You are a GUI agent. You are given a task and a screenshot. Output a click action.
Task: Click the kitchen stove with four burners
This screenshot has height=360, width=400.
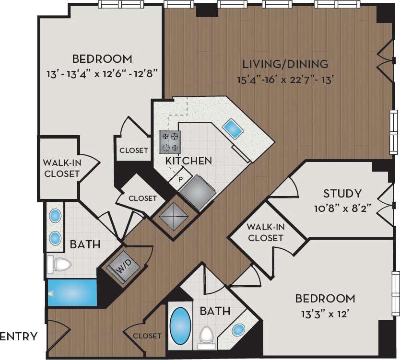pyautogui.click(x=171, y=141)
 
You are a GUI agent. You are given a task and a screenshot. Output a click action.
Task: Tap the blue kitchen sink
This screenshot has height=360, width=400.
pyautogui.click(x=232, y=128)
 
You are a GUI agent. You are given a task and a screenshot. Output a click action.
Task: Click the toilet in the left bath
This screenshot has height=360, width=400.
pyautogui.click(x=59, y=264)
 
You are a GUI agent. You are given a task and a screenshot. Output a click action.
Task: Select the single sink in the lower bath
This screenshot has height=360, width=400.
pyautogui.click(x=238, y=330)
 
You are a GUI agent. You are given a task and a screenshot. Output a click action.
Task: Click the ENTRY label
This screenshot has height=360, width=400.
pyautogui.click(x=19, y=336)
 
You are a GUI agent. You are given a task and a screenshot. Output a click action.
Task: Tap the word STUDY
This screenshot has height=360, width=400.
pyautogui.click(x=342, y=194)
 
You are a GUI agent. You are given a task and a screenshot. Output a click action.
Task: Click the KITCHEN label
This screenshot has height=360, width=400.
pyautogui.click(x=188, y=161)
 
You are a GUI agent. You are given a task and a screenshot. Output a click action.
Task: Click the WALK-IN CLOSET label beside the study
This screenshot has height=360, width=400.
pyautogui.click(x=265, y=232)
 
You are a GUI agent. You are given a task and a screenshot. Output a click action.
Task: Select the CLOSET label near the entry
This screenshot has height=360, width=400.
pyautogui.click(x=147, y=336)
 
